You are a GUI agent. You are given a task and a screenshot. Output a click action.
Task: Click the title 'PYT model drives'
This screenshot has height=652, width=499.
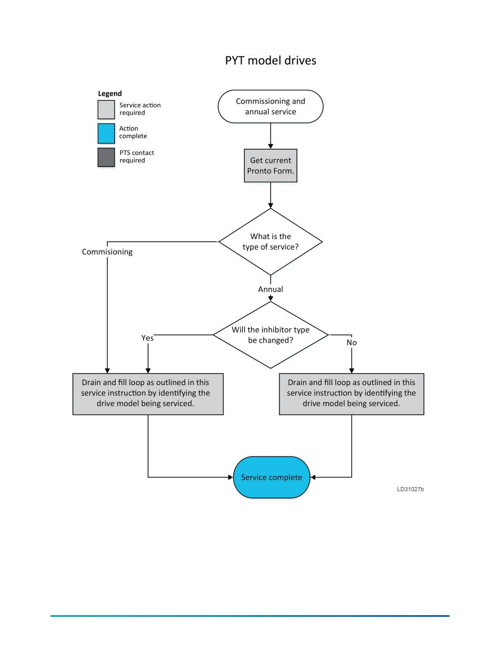[x=271, y=60]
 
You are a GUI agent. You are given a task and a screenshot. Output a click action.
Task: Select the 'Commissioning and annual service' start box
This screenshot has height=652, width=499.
[x=271, y=107]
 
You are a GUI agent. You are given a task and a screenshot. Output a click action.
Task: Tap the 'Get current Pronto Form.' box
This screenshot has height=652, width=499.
[x=271, y=165]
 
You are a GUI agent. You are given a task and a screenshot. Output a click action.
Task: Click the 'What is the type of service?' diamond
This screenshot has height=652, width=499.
[x=271, y=242]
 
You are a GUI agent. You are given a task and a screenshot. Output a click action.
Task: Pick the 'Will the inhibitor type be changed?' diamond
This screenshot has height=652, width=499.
[x=271, y=335]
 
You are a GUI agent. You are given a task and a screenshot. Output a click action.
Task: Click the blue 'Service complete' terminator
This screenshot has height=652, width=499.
[x=272, y=478]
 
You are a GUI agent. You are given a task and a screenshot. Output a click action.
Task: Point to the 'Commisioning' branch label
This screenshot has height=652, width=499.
[x=107, y=252]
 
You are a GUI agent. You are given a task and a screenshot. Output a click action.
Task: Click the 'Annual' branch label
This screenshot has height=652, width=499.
[x=271, y=289]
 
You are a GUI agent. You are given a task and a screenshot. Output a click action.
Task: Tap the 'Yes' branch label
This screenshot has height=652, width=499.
[x=147, y=338]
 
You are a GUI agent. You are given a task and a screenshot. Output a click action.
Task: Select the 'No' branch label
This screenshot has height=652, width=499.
[x=351, y=343]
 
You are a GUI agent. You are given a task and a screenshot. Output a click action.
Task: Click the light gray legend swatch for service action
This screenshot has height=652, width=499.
[x=106, y=109]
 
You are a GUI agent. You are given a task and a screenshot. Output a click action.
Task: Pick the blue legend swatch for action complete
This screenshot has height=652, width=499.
[x=106, y=133]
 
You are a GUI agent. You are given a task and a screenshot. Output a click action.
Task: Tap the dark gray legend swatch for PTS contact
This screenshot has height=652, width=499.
[x=106, y=157]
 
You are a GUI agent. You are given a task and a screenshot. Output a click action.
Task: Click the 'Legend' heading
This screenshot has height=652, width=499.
[x=110, y=94]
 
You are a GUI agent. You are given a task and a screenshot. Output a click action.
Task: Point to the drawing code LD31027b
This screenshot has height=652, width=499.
[x=410, y=489]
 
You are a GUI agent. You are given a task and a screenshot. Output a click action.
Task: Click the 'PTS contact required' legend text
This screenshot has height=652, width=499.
[x=137, y=157]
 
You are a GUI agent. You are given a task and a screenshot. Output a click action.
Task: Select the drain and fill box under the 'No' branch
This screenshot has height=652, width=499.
[x=351, y=394]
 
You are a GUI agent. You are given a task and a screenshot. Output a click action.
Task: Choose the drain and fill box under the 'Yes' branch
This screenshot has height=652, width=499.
[x=148, y=394]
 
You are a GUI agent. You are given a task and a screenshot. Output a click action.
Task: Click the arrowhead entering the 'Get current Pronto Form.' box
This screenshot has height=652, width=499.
[x=271, y=147]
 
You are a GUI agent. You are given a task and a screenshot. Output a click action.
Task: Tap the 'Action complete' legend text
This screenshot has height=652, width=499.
[x=133, y=132]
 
